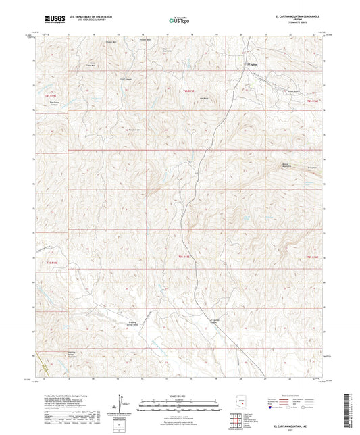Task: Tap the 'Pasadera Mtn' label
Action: coord(134,129)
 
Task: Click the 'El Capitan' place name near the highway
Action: coord(250,63)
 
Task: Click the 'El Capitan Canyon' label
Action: coord(216,321)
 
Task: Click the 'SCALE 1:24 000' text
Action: coord(180,395)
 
